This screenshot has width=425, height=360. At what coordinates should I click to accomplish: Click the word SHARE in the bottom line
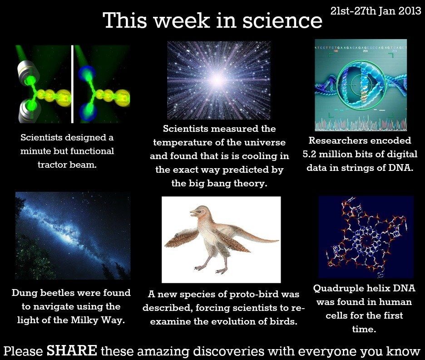(72, 350)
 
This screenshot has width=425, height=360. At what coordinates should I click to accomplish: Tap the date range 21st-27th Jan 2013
(376, 11)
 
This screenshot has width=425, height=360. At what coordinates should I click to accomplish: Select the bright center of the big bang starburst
(217, 80)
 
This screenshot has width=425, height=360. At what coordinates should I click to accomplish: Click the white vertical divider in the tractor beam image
(72, 84)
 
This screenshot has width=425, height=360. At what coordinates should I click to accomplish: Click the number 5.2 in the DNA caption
(312, 154)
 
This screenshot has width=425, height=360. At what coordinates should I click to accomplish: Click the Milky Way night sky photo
(73, 235)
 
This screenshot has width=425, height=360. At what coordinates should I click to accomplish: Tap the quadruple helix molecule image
(366, 236)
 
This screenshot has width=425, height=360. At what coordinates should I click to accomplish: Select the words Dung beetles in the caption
(41, 293)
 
